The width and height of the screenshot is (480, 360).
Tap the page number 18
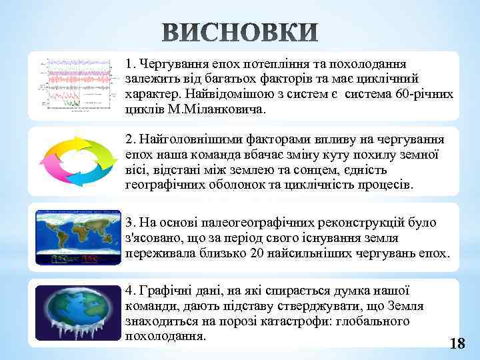point(457,344)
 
